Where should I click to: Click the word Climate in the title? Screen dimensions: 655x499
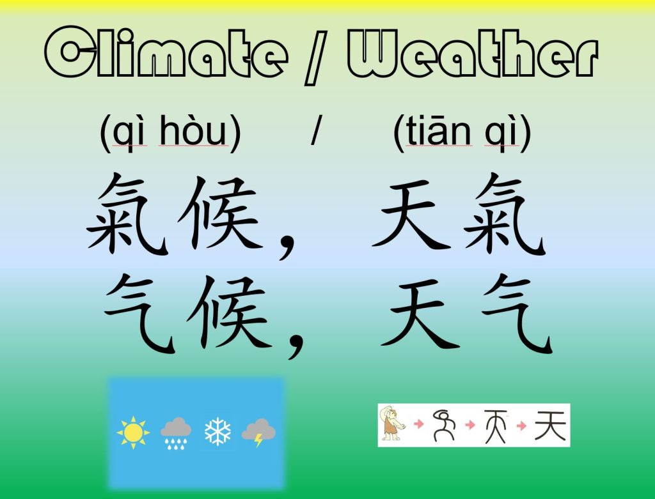coord(166,52)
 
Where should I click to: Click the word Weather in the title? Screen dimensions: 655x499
coord(473,54)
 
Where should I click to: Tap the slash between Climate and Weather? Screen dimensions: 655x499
coord(316,57)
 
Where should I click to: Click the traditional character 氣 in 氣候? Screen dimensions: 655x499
coord(128,213)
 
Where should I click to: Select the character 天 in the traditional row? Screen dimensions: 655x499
coord(411,213)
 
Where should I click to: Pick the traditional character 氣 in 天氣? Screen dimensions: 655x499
coord(505,213)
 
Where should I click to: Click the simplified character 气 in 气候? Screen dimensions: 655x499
coord(139,314)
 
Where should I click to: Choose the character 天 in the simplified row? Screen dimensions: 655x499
coord(420,313)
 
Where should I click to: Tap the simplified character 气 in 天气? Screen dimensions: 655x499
coord(517,314)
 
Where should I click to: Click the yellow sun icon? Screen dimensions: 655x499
coord(133,433)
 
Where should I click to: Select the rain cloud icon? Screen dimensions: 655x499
coord(176,433)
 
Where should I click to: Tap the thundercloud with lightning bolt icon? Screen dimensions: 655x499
coord(258,433)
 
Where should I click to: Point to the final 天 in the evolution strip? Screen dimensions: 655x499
coord(550,425)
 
